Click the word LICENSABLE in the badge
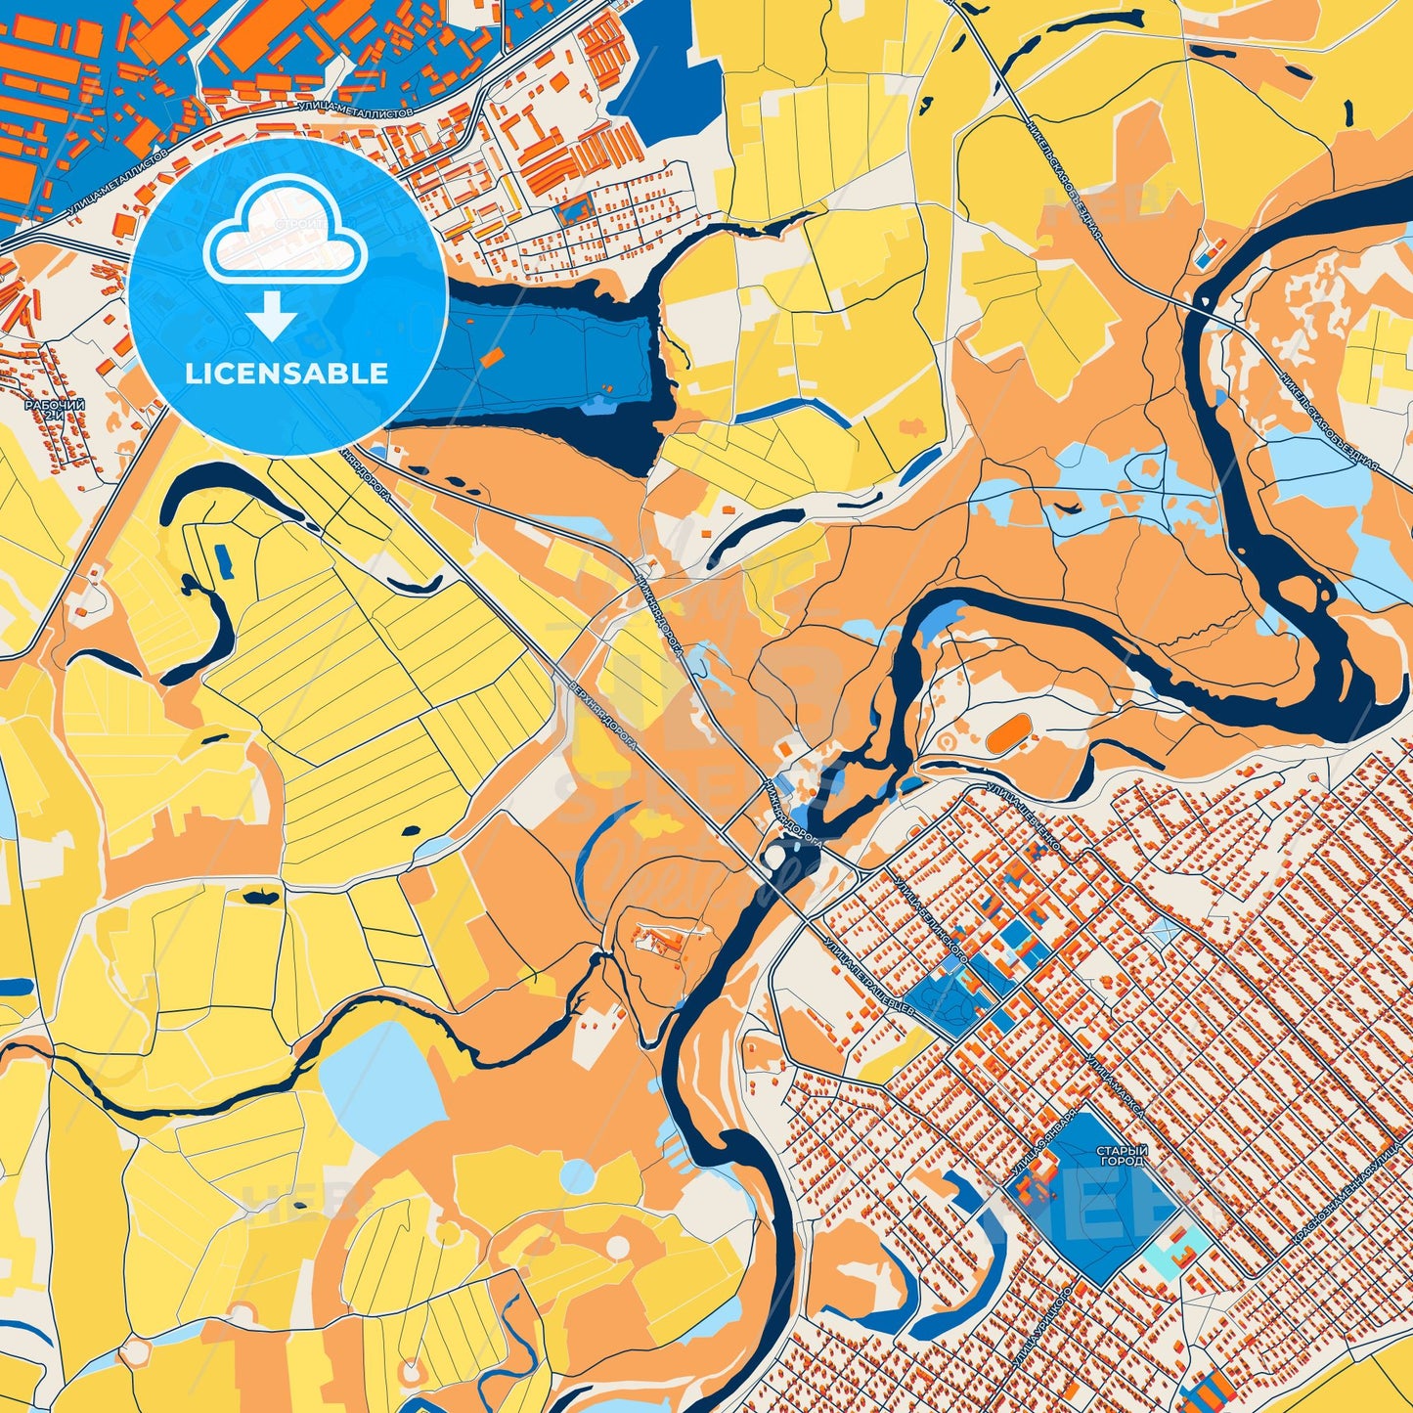(x=287, y=374)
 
